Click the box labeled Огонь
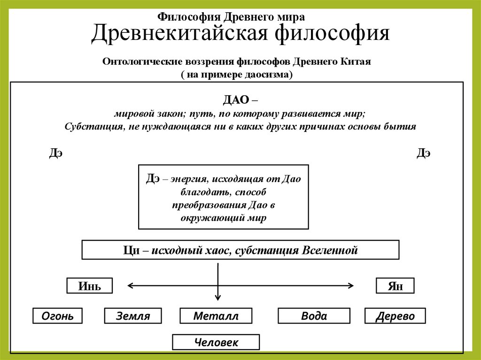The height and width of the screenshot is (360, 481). (x=57, y=316)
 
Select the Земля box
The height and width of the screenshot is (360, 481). (x=133, y=316)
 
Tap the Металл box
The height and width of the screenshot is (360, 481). (x=216, y=316)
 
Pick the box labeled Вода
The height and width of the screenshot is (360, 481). (x=314, y=316)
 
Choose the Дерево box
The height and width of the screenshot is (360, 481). (x=395, y=316)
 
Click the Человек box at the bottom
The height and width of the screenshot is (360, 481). (x=216, y=342)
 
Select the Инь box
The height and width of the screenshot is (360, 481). (x=89, y=286)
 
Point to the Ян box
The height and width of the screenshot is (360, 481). (x=395, y=286)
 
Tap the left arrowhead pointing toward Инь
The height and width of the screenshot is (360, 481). (x=131, y=285)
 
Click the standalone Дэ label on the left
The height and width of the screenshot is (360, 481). (x=55, y=153)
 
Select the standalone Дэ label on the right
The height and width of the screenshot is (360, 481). (x=423, y=153)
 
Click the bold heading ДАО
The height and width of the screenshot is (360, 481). (x=237, y=100)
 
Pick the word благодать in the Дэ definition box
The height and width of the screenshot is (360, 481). (x=201, y=192)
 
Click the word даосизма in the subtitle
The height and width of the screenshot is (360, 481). (x=268, y=75)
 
